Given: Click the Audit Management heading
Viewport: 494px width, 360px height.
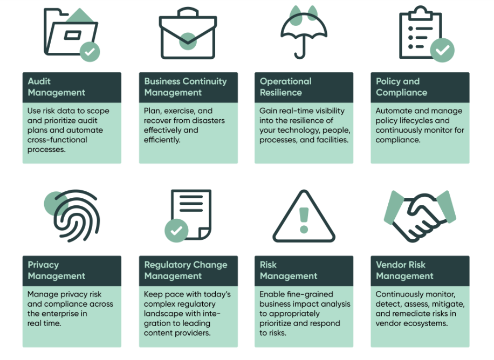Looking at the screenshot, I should (57, 87).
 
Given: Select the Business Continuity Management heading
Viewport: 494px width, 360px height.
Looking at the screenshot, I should (186, 87).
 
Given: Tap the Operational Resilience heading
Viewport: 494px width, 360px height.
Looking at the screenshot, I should (286, 87).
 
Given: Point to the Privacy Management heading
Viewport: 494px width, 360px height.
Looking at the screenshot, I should (57, 270).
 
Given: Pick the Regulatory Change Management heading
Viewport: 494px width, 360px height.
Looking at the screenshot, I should (186, 270).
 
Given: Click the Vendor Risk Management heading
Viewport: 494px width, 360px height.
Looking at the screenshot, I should (404, 270).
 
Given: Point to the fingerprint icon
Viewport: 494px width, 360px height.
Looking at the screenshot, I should (70, 216).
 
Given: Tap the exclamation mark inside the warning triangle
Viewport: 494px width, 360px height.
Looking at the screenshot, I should (304, 219).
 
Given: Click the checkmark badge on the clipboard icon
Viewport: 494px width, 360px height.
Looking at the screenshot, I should (442, 51).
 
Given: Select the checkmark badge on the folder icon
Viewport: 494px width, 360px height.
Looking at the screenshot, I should (90, 52).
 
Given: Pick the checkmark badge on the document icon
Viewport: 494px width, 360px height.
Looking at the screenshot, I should (176, 231).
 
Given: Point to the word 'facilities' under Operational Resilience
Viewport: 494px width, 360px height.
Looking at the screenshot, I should (333, 140).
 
